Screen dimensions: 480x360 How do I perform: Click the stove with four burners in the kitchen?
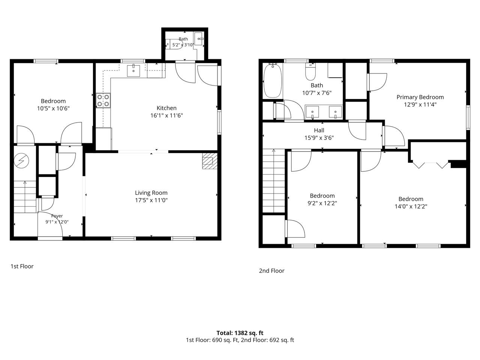(103, 100)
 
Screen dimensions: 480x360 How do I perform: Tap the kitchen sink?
(133, 70)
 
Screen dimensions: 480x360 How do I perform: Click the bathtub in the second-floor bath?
(272, 80)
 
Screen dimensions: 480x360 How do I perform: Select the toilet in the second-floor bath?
(310, 72)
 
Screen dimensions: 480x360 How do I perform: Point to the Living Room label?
(151, 193)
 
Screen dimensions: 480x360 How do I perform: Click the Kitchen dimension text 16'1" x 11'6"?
(166, 115)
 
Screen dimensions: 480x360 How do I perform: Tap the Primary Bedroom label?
(420, 97)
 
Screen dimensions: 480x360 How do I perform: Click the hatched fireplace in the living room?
(210, 161)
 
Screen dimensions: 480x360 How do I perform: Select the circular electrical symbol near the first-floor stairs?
(21, 161)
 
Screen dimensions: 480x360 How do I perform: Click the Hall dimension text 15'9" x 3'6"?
(319, 138)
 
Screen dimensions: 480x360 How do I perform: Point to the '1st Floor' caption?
(22, 266)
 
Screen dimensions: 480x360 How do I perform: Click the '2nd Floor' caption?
(271, 271)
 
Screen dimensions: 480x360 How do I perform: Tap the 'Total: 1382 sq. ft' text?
(240, 333)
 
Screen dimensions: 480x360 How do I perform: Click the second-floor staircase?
(274, 181)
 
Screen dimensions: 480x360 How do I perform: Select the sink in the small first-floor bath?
(198, 39)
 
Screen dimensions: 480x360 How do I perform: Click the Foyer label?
(57, 216)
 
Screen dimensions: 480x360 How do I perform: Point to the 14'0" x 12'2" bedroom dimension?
(411, 206)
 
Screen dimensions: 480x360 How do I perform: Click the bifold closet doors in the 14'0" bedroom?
(430, 165)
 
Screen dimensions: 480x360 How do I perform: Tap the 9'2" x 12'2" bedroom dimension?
(322, 203)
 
